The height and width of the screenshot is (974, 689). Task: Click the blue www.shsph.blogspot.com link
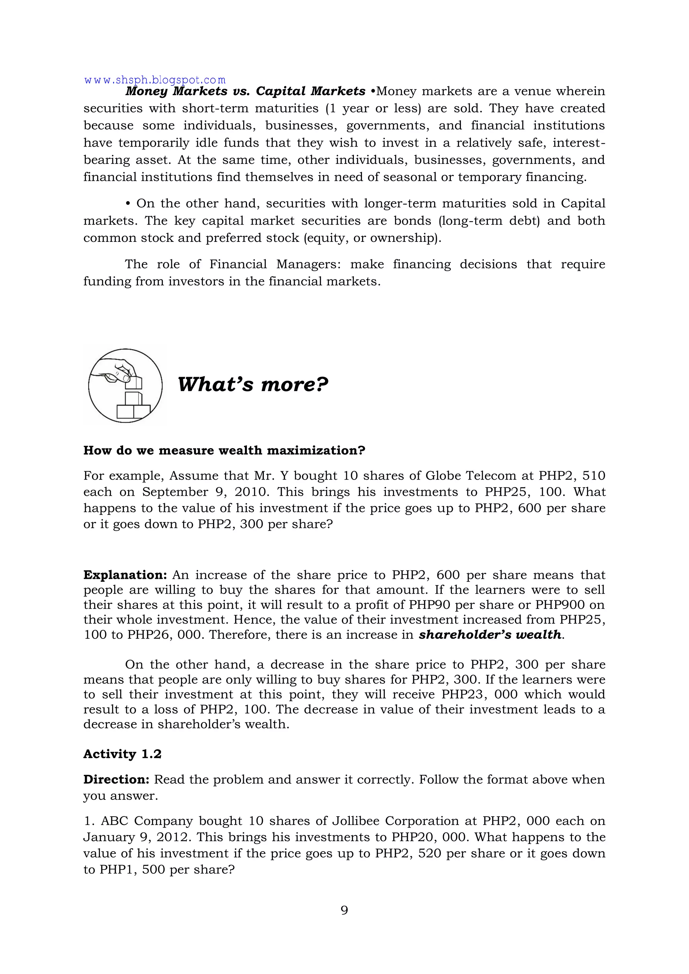[x=155, y=80]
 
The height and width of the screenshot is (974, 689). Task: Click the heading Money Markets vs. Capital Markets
[x=245, y=91]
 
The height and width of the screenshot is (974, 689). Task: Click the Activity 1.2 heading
[x=122, y=754]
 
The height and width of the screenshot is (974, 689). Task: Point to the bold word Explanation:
[x=125, y=575]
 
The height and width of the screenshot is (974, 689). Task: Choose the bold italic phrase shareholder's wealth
[x=490, y=635]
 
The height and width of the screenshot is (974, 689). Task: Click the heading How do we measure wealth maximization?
[x=224, y=451]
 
